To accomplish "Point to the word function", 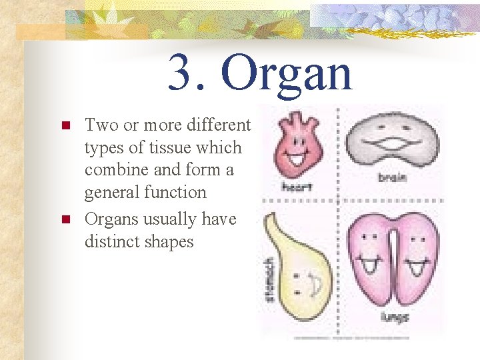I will [174, 193].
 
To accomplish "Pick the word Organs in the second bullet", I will [111, 219].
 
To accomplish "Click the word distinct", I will [110, 241].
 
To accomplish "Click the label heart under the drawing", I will [297, 187].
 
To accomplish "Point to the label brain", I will [393, 178].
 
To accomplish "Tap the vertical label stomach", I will [269, 280].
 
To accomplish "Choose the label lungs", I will [394, 317].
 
